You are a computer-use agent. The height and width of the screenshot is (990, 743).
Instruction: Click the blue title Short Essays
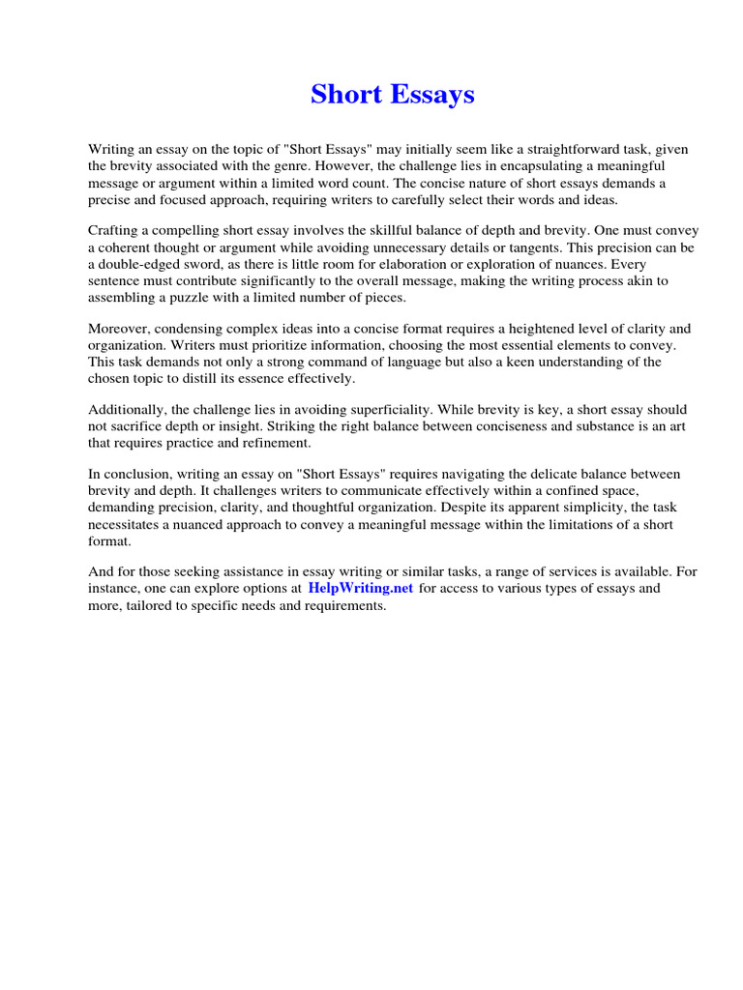tap(392, 95)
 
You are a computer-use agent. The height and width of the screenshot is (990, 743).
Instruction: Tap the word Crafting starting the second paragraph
tap(116, 231)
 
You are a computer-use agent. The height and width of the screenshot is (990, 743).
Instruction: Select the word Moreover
tap(121, 329)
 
